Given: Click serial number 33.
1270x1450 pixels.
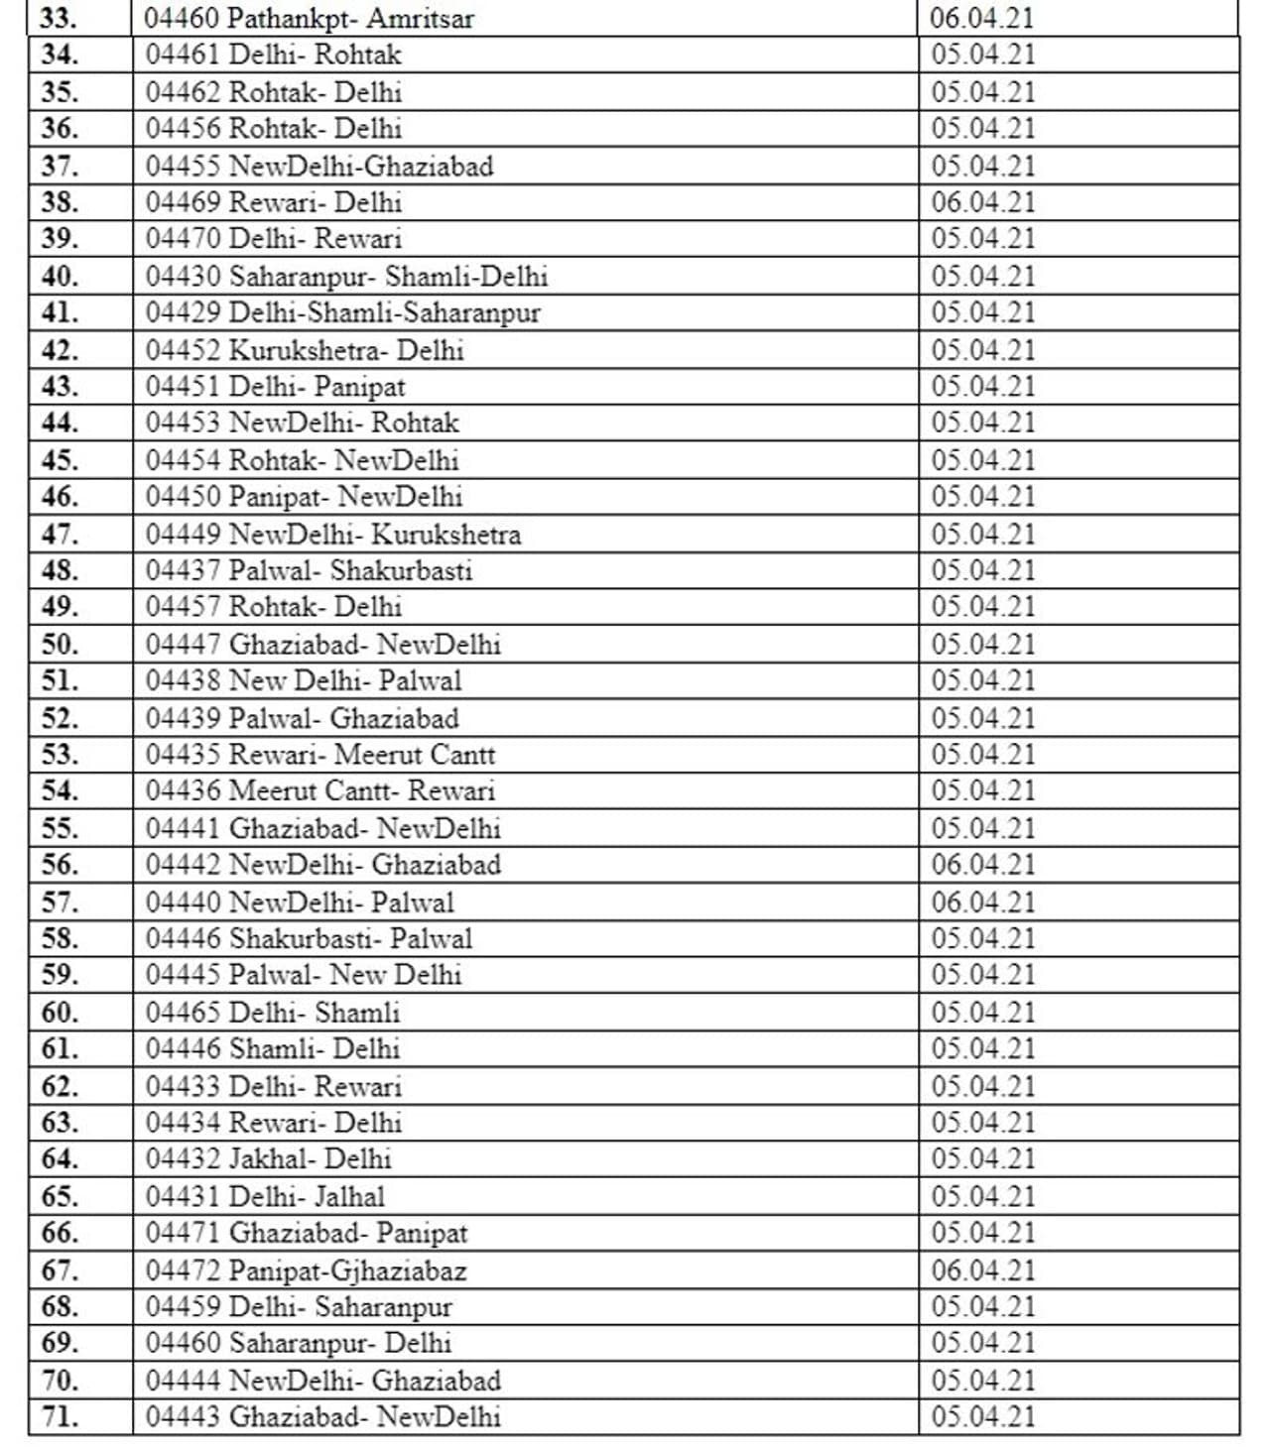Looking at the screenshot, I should coord(60,18).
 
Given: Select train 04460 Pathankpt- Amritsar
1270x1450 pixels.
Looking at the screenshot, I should coord(310,18).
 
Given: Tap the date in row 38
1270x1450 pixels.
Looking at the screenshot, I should coord(982,202).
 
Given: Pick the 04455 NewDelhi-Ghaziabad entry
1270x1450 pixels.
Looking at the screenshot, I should coord(319,166).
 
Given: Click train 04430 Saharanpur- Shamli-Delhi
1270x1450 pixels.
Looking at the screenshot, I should coord(346,276).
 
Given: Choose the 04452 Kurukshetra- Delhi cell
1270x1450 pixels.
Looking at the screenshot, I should coord(305,350).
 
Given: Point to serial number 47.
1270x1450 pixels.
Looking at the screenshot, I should coord(60,534).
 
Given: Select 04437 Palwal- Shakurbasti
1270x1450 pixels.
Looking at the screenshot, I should coord(309,570).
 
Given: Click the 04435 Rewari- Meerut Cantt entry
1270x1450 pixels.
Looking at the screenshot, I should coord(319,755).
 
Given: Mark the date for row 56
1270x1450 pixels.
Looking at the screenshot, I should coord(982,865).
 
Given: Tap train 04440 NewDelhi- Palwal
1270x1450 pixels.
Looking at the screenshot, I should coord(300,903).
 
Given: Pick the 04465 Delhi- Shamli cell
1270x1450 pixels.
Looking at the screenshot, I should coord(273,1013).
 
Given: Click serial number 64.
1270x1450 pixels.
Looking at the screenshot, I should coord(60,1158).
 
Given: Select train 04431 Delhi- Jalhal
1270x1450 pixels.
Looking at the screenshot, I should coord(265,1196).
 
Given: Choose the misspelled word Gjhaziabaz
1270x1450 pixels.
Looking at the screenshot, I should coord(398,1270).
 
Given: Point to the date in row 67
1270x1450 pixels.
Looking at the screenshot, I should coord(982,1270).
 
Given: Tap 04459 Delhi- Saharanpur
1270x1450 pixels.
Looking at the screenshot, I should coord(299,1307).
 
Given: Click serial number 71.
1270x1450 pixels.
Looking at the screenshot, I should coord(60,1416).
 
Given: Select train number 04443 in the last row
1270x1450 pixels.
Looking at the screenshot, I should coord(183,1416).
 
